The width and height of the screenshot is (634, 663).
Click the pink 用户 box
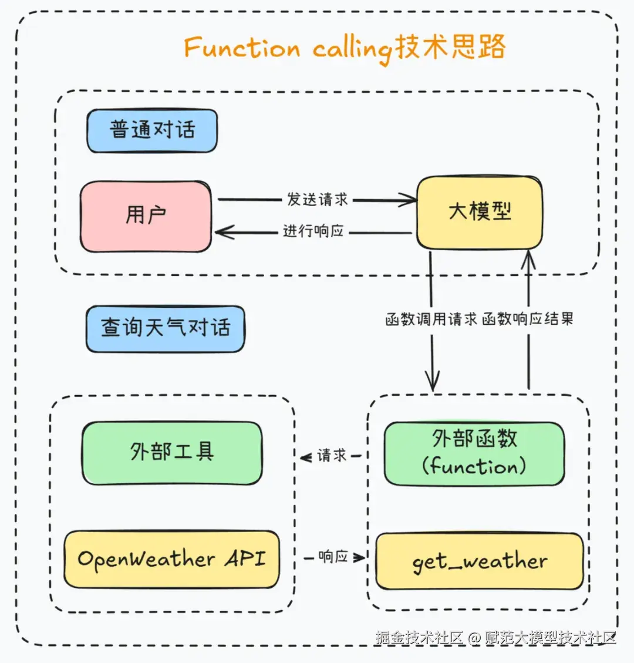[x=146, y=216]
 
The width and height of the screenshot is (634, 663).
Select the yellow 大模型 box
[x=479, y=212]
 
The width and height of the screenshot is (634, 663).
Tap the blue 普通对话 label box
[x=152, y=130]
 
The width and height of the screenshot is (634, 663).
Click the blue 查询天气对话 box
[x=165, y=328]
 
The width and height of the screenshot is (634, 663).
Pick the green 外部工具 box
[x=172, y=452]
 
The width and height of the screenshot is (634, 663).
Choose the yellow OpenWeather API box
[x=171, y=559]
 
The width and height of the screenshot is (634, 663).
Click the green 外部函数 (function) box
[x=474, y=453]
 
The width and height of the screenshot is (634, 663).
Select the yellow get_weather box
[x=479, y=561]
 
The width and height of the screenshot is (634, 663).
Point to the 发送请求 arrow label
[x=317, y=200]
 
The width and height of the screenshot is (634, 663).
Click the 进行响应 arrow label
[x=313, y=231]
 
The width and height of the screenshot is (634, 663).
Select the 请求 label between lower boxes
[x=332, y=455]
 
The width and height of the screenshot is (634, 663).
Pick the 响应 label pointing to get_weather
[x=333, y=556]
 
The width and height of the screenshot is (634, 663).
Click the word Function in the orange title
[x=242, y=48]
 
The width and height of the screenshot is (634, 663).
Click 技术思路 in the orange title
[x=450, y=47]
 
